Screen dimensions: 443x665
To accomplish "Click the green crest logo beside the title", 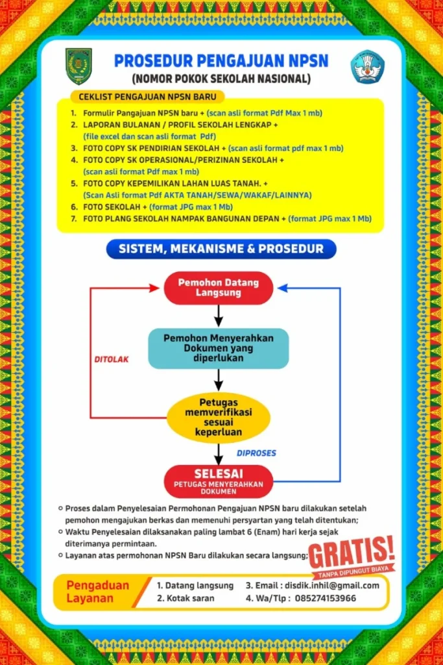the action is click(78, 66).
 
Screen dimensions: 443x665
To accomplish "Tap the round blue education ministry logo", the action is click(368, 67).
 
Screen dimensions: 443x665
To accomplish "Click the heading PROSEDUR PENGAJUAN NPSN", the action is click(221, 61).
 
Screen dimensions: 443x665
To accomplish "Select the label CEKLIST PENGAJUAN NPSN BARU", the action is click(147, 97).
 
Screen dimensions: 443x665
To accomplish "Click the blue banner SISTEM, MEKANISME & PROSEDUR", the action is click(221, 249).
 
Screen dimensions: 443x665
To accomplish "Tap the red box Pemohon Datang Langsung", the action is click(219, 288).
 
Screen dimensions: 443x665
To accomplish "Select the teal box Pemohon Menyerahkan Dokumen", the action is click(219, 348).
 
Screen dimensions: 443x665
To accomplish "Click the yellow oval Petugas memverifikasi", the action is click(219, 418).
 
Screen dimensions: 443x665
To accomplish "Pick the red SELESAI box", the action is click(219, 481).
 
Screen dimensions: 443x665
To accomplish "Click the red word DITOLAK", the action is click(112, 360).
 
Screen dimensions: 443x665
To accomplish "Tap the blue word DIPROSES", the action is click(256, 453).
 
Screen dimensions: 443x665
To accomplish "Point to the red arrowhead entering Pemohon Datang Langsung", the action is click(154, 288).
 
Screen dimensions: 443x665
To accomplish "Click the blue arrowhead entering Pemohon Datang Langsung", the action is click(283, 288).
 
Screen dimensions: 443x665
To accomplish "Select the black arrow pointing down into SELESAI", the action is click(219, 454).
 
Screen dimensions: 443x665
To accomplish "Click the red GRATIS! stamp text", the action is click(352, 552).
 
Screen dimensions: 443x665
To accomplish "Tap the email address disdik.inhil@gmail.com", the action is click(332, 586).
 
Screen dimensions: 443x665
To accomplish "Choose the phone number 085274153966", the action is click(325, 598).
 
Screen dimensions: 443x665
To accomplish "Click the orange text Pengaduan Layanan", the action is click(98, 592).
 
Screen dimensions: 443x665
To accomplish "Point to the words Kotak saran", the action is click(191, 598).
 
